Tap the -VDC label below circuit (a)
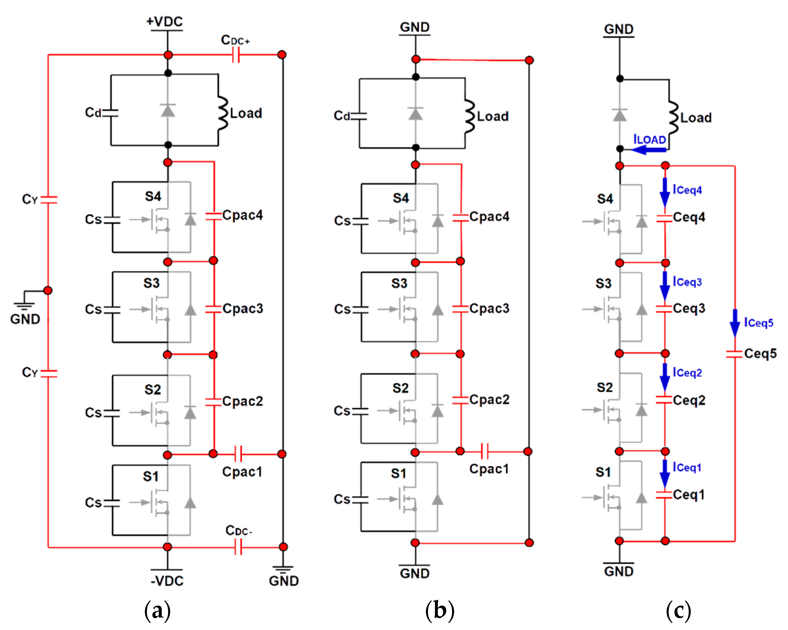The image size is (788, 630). pyautogui.click(x=167, y=581)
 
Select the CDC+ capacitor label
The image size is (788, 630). pyautogui.click(x=235, y=40)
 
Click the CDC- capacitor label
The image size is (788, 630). pyautogui.click(x=239, y=530)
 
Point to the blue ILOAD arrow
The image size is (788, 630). pyautogui.click(x=648, y=150)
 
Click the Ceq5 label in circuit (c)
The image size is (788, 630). pyautogui.click(x=760, y=353)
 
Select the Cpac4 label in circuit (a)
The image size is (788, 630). pyautogui.click(x=242, y=215)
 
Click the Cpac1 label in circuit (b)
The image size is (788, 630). pyautogui.click(x=489, y=469)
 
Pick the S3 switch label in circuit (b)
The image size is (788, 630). pyautogui.click(x=399, y=284)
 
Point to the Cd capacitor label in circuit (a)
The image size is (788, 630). pyautogui.click(x=93, y=113)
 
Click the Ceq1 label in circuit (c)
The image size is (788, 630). pyautogui.click(x=689, y=495)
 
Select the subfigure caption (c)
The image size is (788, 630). pyautogui.click(x=678, y=611)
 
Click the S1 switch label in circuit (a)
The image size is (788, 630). pyautogui.click(x=151, y=476)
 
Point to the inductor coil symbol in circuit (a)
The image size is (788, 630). pyautogui.click(x=222, y=113)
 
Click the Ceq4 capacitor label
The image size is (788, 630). pyautogui.click(x=689, y=217)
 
